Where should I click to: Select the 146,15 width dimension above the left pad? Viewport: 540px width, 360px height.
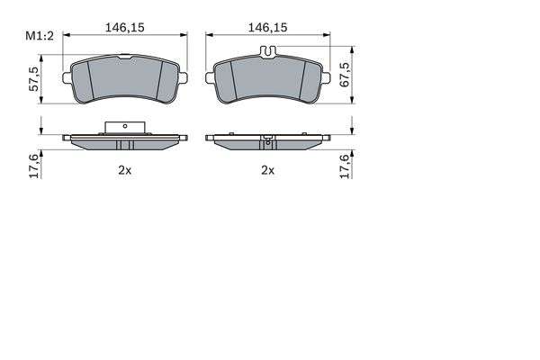[125, 28]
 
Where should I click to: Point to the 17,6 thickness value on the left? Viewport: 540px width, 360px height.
[34, 167]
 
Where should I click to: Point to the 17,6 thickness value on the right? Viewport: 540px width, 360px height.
[342, 167]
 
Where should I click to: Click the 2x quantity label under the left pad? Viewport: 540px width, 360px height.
[125, 170]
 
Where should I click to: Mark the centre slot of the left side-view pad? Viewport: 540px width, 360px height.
[125, 143]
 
